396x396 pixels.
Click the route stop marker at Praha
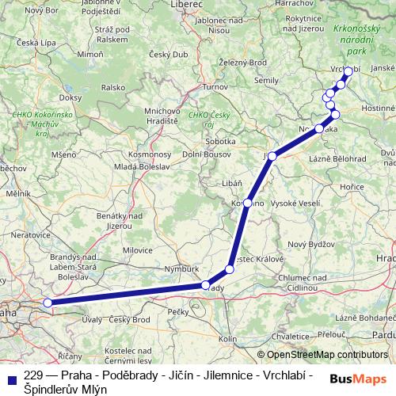pyautogui.click(x=48, y=302)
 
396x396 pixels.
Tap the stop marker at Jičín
pyautogui.click(x=272, y=156)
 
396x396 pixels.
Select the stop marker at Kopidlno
pyautogui.click(x=248, y=204)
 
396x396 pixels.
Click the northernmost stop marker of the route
pyautogui.click(x=348, y=71)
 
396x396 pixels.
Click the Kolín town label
pyautogui.click(x=227, y=339)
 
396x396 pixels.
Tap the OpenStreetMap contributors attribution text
pyautogui.click(x=322, y=355)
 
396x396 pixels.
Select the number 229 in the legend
pyautogui.click(x=33, y=375)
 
